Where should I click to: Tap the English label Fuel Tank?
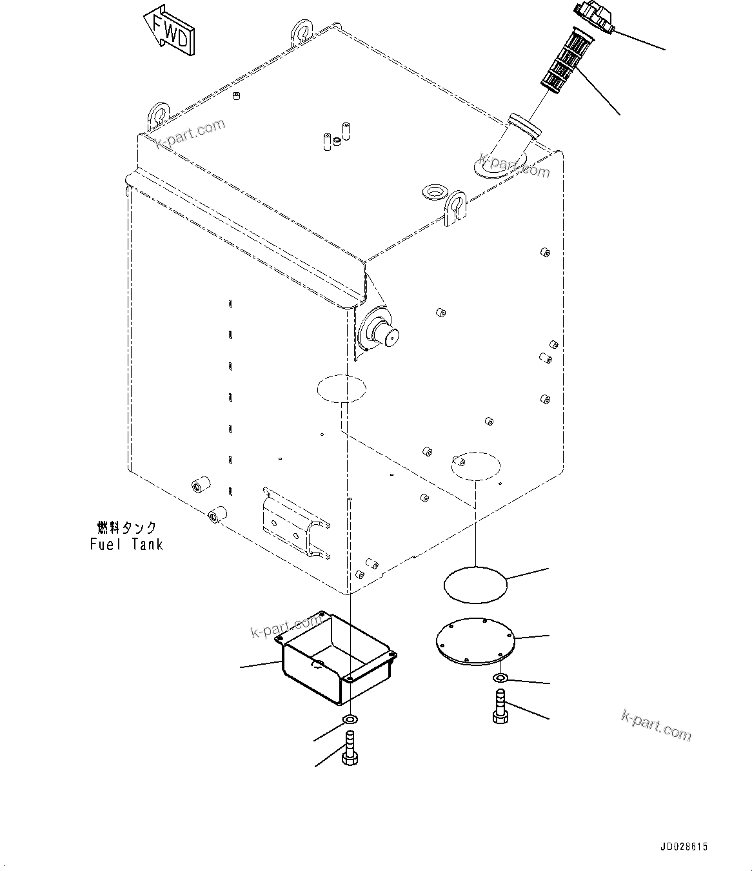(x=126, y=544)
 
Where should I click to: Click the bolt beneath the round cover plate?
(x=500, y=707)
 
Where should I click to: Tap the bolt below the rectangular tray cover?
(x=349, y=749)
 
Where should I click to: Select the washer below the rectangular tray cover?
(x=349, y=718)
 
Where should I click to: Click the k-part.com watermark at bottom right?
(x=656, y=725)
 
